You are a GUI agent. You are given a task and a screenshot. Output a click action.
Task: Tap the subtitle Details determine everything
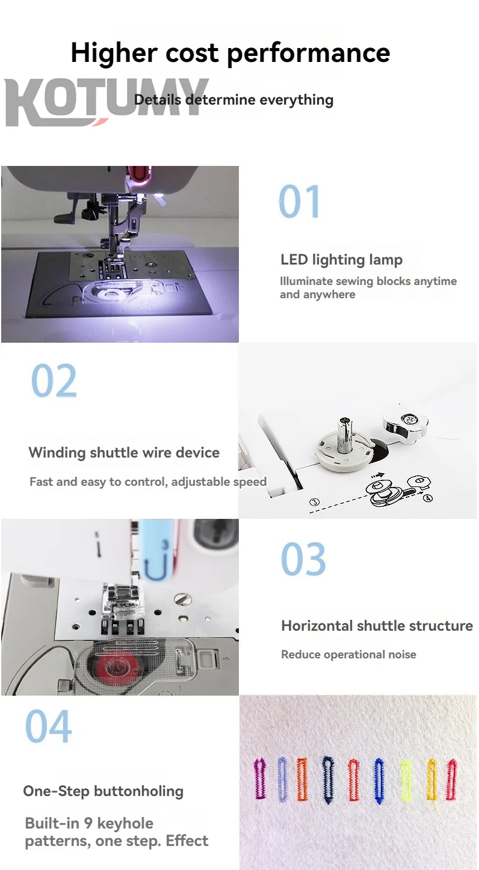233,100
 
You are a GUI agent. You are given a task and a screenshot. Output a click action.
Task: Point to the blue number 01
300,201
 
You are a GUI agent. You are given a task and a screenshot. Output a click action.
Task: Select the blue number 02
54,380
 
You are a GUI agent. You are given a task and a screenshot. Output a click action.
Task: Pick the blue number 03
303,559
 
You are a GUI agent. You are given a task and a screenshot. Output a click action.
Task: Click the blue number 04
49,726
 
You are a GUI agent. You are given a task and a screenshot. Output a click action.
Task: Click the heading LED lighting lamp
341,260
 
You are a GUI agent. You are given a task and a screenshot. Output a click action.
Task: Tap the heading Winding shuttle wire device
124,453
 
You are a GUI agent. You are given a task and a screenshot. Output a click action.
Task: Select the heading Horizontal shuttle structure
377,626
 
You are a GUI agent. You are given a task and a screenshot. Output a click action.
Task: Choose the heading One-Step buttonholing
103,791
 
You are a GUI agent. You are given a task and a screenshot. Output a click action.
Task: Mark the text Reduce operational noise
348,654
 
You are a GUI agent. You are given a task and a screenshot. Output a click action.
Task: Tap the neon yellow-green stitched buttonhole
406,780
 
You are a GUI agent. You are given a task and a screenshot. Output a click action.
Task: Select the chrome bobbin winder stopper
405,421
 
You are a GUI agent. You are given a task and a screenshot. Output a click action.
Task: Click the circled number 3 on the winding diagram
314,502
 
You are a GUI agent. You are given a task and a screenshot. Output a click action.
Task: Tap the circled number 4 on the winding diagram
428,498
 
